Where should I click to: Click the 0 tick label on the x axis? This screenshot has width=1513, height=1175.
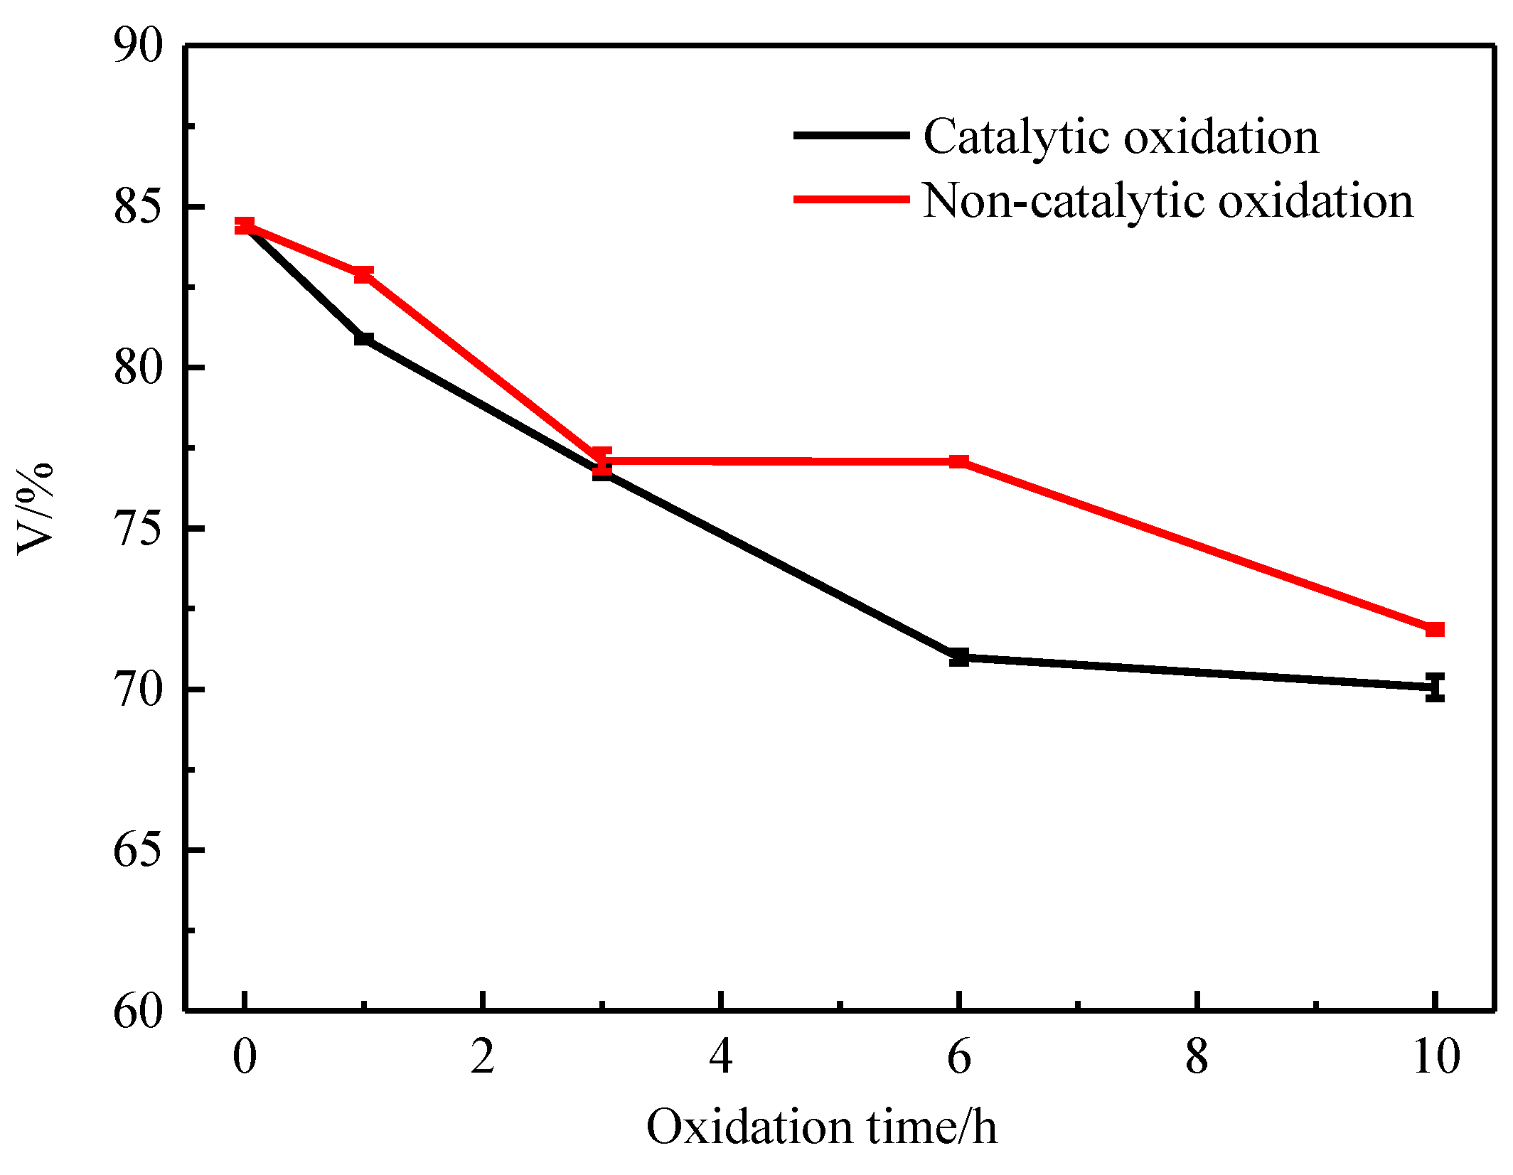click(245, 1057)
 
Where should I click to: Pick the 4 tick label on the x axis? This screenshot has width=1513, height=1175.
click(721, 1057)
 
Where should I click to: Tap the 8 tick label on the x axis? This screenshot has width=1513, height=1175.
click(1197, 1057)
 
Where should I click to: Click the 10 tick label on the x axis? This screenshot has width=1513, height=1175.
click(1436, 1057)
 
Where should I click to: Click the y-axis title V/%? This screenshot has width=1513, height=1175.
click(34, 509)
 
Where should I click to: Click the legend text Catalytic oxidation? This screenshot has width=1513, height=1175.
click(1121, 136)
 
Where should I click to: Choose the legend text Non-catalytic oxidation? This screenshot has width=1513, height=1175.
click(1167, 201)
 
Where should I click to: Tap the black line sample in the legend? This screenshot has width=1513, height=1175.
click(851, 135)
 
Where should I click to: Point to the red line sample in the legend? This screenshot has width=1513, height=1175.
click(851, 200)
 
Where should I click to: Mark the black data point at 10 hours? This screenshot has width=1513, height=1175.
click(1436, 687)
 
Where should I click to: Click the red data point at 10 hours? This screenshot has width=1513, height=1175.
click(1436, 629)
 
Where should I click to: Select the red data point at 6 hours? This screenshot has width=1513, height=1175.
click(959, 462)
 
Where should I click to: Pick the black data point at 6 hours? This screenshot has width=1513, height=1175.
click(959, 658)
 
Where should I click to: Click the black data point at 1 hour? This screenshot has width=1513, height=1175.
click(363, 338)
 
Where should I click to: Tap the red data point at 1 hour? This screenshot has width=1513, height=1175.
click(363, 274)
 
